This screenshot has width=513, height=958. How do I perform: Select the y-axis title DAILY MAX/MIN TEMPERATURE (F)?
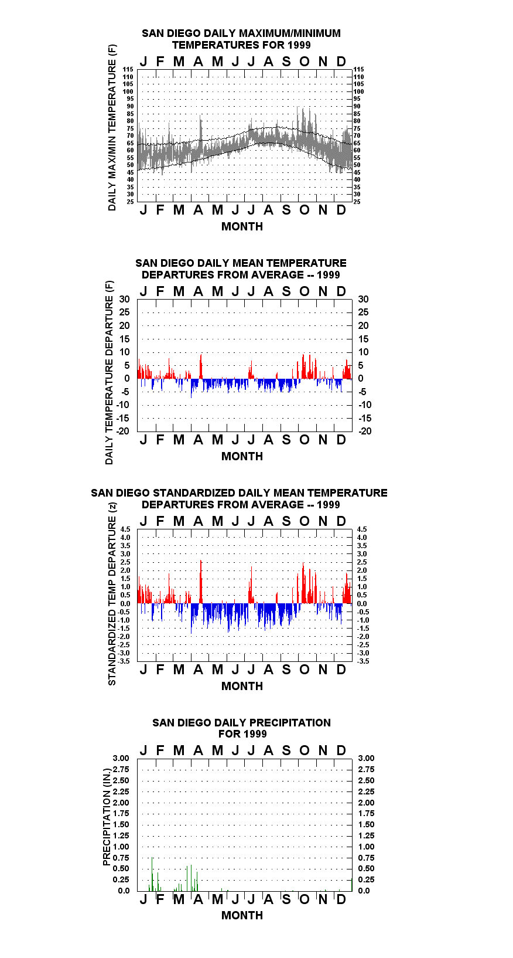click(x=112, y=127)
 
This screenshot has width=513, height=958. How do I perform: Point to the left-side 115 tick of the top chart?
click(x=128, y=69)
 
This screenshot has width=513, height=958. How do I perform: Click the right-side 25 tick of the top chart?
click(x=357, y=202)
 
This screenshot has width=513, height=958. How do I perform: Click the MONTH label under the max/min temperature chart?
click(x=242, y=227)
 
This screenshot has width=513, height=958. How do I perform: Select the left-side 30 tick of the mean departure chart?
click(x=124, y=300)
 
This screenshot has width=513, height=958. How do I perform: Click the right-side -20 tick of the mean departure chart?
click(x=365, y=431)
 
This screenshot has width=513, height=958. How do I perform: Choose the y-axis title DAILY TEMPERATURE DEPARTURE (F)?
click(x=110, y=372)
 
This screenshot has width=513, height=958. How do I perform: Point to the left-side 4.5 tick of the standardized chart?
click(x=125, y=529)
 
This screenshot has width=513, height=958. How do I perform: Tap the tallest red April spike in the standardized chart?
click(x=201, y=582)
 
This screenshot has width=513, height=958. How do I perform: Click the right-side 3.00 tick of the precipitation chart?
click(x=366, y=758)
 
